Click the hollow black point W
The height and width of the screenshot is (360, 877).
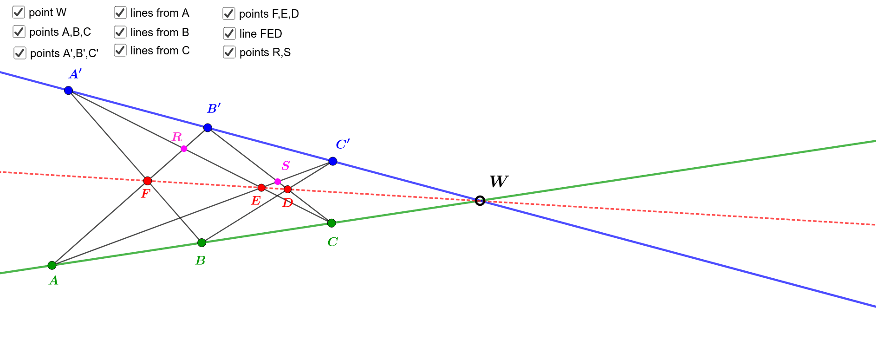pos(480,201)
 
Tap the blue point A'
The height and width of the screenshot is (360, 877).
pos(69,90)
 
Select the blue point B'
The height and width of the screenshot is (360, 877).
pos(208,128)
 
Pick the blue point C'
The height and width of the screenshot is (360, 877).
pos(333,161)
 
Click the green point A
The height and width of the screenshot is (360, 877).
pos(52,265)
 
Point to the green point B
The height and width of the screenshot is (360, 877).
pos(201,242)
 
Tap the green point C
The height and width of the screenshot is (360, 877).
pos(331,223)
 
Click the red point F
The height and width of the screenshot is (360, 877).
pos(148,181)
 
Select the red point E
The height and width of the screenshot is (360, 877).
pos(261,188)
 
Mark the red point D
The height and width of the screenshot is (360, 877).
pos(288,189)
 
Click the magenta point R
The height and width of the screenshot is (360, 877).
pos(184,149)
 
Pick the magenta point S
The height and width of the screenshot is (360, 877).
pos(278,182)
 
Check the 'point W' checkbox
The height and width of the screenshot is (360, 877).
pos(19,12)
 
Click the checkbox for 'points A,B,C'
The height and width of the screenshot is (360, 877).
pos(19,32)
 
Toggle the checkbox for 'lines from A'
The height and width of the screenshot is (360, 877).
pos(120,13)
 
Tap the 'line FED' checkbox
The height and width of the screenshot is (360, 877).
pos(229,33)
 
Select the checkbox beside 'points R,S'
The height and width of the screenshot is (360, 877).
pos(229,52)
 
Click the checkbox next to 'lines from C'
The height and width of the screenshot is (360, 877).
pos(120,50)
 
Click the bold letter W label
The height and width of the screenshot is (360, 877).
pos(499,181)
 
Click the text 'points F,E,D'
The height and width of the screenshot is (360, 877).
pos(269,14)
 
